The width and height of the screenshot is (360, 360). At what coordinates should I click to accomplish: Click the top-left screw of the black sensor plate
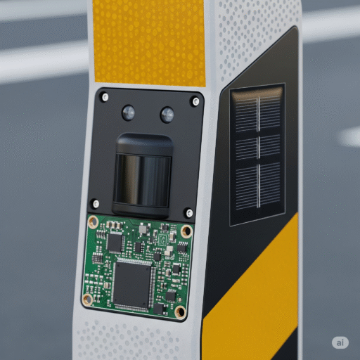[x=105, y=97]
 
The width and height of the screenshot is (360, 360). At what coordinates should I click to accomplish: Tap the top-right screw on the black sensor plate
[x=195, y=101]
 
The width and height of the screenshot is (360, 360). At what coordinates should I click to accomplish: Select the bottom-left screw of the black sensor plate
[x=96, y=203]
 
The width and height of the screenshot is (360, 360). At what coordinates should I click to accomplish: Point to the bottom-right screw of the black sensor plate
[x=189, y=213]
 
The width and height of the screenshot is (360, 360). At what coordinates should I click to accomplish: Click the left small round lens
[x=129, y=112]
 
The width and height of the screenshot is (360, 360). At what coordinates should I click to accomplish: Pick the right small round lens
[x=167, y=115]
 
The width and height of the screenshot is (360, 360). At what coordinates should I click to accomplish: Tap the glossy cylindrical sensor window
[x=143, y=179]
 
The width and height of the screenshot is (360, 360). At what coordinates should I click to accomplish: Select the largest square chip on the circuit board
[x=131, y=284]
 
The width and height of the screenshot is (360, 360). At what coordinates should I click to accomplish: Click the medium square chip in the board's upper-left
[x=114, y=243]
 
